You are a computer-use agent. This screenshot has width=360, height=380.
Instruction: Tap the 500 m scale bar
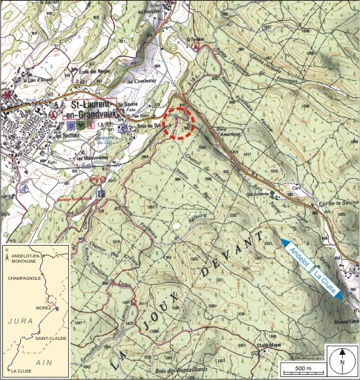pyautogui.click(x=298, y=369)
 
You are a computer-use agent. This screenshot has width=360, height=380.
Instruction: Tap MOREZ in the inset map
pyautogui.click(x=42, y=306)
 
